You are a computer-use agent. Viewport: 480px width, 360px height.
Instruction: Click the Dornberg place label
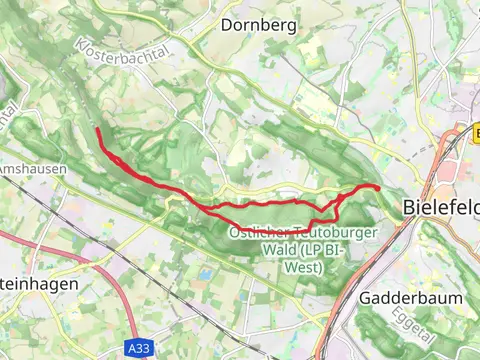point(259,25)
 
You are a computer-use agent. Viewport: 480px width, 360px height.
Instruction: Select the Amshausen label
point(34,169)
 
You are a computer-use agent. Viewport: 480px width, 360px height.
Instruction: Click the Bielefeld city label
point(442,207)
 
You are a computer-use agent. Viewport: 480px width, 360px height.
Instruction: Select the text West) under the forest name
point(302,268)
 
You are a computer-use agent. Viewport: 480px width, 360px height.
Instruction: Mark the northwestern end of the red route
point(97,130)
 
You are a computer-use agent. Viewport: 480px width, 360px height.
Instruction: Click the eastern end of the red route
point(379,188)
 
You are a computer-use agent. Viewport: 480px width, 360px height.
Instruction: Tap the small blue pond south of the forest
point(206,273)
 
